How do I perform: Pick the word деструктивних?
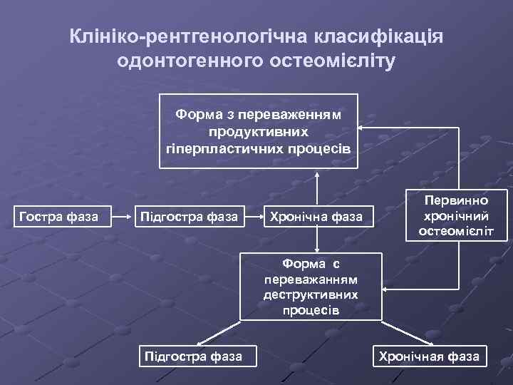click(x=310, y=294)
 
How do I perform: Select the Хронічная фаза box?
click(x=429, y=356)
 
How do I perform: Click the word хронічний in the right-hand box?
click(x=457, y=216)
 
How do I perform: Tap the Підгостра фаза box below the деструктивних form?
click(x=192, y=355)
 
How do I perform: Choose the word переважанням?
click(x=310, y=280)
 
